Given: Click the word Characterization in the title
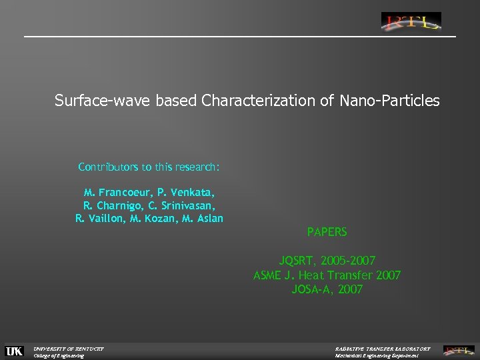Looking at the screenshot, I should click(250, 101).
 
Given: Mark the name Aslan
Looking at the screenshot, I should click(208, 219).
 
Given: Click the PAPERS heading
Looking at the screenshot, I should click(327, 233).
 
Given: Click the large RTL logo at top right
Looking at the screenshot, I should click(411, 22).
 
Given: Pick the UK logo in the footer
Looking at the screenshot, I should click(14, 351).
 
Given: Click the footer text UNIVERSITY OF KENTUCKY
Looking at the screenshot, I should click(69, 348).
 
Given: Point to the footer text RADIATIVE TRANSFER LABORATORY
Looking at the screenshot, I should click(382, 348).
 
